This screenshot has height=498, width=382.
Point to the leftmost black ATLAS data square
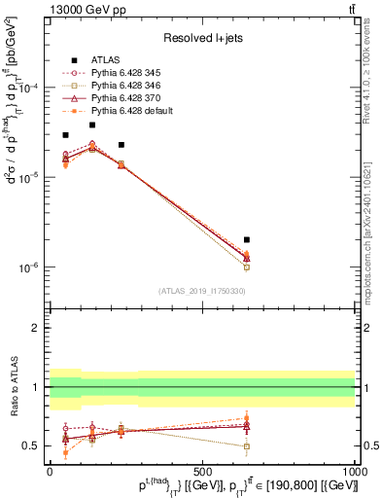[65, 135]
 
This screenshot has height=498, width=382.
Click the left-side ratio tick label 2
[36, 329]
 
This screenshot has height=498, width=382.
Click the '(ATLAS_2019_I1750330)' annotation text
[202, 291]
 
